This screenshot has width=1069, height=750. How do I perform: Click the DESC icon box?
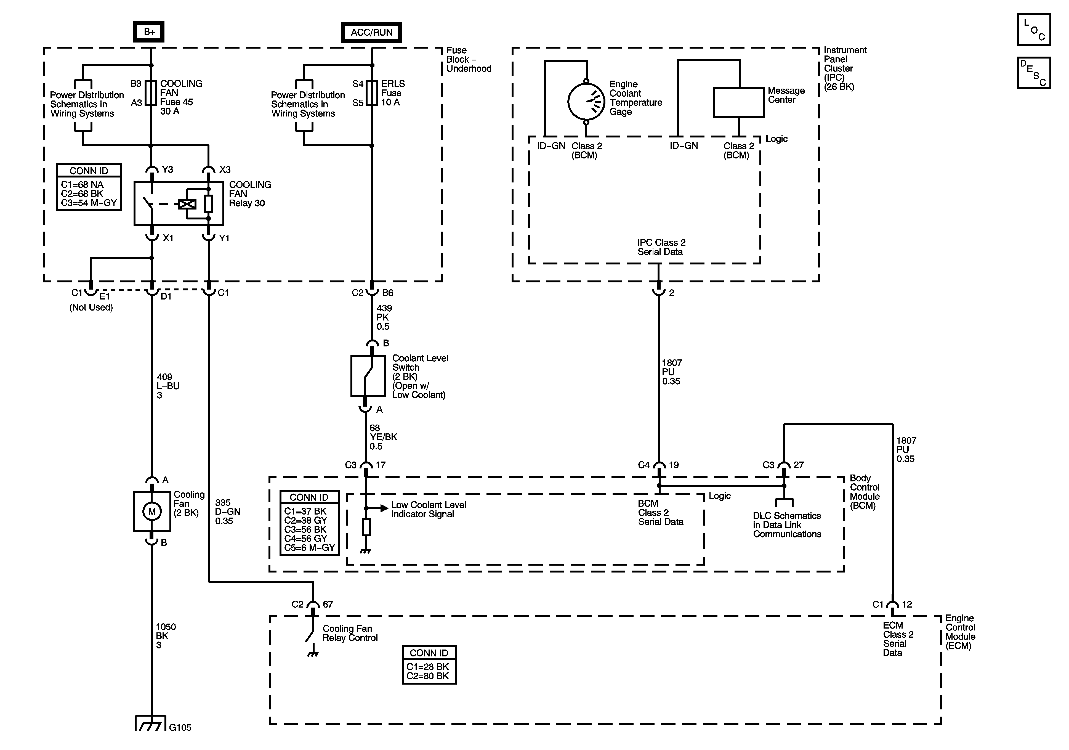point(1034,73)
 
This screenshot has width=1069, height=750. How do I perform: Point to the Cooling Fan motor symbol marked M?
point(152,512)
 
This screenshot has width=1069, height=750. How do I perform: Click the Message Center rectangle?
point(739,102)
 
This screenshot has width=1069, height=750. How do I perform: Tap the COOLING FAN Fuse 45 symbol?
point(151,93)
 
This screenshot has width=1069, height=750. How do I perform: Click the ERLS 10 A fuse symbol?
point(371,93)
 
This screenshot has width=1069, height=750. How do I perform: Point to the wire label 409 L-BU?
point(167,386)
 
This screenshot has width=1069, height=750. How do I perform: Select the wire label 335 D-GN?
point(227,512)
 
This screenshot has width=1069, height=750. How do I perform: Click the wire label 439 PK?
point(384,317)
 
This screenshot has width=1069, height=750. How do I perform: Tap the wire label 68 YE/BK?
point(383,437)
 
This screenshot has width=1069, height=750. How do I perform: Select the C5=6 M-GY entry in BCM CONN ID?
point(309,548)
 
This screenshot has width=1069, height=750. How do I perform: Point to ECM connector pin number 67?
point(328,604)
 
